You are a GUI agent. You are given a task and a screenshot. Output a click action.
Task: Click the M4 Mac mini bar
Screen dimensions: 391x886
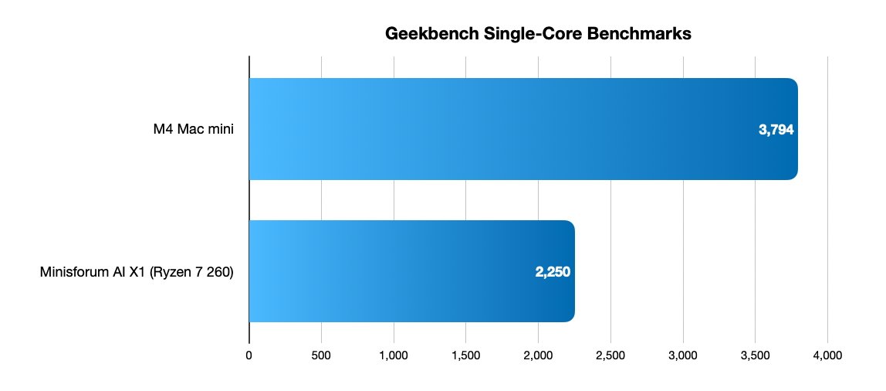[522, 129]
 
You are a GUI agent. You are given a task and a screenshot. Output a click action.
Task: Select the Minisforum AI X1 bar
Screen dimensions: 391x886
[411, 271]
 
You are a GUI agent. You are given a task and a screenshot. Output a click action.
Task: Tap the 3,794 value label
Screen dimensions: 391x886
[776, 130]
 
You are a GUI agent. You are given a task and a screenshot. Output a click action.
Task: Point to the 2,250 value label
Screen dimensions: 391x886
[553, 272]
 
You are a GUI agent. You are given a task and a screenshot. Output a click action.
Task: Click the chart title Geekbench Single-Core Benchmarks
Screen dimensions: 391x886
[538, 35]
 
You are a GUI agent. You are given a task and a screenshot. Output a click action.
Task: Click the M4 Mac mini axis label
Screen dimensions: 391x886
[193, 130]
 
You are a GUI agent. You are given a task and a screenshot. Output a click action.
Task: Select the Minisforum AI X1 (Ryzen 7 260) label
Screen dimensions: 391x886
[137, 272]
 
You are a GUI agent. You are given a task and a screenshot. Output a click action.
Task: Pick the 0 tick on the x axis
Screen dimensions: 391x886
[249, 355]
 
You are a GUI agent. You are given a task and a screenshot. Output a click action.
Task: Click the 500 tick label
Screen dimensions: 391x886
[321, 355]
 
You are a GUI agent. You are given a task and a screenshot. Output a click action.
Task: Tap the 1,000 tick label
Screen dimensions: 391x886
[394, 355]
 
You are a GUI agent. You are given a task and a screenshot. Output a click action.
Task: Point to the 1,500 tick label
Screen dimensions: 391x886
[465, 355]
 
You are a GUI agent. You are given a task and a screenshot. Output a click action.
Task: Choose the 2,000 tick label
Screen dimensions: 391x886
[538, 355]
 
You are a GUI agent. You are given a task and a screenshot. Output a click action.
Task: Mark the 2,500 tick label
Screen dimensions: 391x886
[610, 355]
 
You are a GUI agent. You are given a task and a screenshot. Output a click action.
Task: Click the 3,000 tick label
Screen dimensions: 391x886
[683, 355]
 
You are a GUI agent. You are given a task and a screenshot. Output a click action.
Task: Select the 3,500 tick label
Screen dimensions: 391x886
[755, 355]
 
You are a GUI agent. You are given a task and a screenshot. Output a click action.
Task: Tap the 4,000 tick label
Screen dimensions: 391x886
[827, 355]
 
